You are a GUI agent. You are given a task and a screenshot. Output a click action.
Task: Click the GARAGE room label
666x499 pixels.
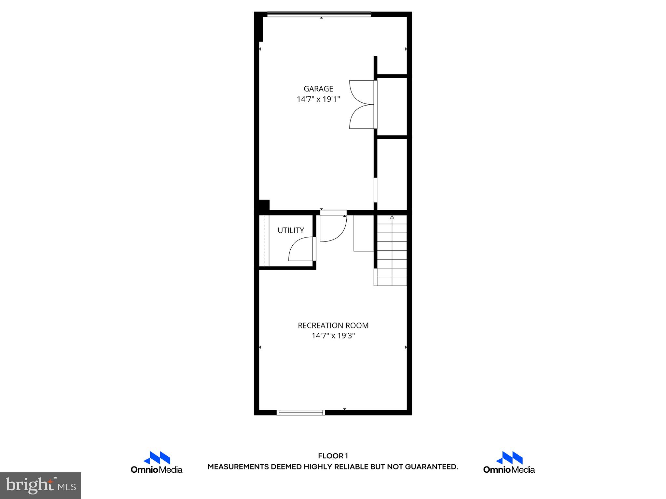coord(318,89)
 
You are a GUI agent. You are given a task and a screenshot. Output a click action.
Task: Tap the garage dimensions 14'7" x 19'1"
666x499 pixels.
coord(318,99)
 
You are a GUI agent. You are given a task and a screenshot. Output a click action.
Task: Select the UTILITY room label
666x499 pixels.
coord(291,230)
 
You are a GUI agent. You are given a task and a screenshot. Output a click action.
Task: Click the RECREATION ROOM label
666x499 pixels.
coord(333,326)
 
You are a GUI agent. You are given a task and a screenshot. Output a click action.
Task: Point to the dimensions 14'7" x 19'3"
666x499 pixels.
coord(333,336)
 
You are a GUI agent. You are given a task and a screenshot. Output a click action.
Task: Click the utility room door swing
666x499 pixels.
coord(301,249)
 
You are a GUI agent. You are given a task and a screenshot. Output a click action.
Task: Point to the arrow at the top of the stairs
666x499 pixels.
coord(392,217)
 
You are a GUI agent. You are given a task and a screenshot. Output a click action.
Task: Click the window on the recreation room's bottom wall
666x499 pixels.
coord(301,413)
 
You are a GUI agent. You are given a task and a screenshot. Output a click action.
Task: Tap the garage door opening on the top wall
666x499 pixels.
coord(319,14)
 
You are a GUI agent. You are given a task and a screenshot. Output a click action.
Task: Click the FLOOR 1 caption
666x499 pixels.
coord(333,456)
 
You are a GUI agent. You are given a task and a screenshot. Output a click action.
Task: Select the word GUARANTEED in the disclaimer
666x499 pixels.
coord(431,467)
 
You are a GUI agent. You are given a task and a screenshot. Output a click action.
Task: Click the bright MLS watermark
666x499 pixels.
coord(41,486)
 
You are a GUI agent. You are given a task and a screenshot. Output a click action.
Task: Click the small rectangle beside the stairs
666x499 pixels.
coord(364,233)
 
